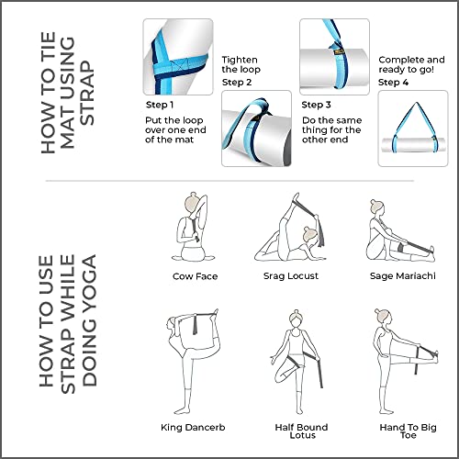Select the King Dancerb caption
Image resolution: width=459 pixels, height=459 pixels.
(x=195, y=427)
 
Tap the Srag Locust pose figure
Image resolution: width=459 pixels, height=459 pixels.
(x=293, y=228)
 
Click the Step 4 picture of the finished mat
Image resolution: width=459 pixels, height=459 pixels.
(x=411, y=129)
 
